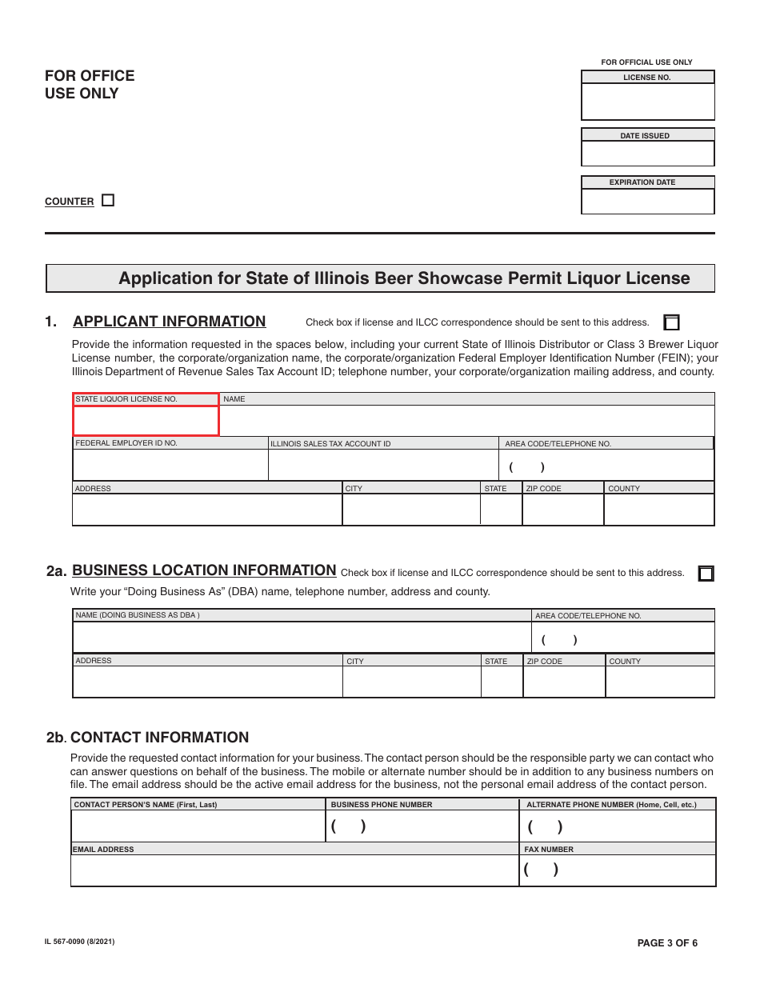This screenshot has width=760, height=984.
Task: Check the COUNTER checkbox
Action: point(108,201)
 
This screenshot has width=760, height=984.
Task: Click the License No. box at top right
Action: point(647,102)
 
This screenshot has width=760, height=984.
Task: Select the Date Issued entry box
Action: point(647,153)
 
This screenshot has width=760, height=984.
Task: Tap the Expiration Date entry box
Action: point(647,201)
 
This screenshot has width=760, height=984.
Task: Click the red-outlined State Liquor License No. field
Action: point(146,421)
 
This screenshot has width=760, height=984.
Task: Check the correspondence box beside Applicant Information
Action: point(672,322)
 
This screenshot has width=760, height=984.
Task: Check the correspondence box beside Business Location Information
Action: point(706,573)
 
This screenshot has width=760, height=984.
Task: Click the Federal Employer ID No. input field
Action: point(170,465)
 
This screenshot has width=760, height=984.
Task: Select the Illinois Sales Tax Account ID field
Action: point(383,465)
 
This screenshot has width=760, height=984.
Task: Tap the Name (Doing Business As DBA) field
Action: point(302,638)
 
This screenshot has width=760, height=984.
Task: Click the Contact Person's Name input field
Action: point(198,826)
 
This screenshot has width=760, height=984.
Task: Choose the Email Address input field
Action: point(294,870)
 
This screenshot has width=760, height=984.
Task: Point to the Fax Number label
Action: point(548,850)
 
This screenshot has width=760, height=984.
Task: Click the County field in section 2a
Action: point(659,682)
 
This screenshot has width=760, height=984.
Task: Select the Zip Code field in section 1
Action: point(562,509)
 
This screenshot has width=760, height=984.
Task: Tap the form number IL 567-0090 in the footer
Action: point(79,942)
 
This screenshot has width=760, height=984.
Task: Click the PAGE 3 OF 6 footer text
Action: point(667,943)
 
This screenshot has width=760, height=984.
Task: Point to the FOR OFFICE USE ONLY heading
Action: point(90,84)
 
